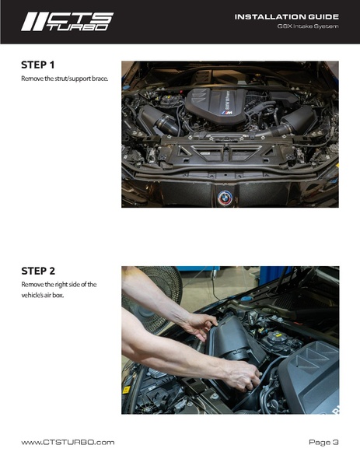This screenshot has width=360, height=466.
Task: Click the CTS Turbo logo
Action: [x=67, y=22]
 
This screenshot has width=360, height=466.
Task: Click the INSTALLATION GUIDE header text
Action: [x=287, y=17]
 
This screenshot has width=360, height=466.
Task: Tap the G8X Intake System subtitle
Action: [x=308, y=26]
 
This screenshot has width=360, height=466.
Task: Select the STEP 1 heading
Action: [x=38, y=65]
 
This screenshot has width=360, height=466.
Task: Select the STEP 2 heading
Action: [x=38, y=271]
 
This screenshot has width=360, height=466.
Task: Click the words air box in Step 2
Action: [x=54, y=296]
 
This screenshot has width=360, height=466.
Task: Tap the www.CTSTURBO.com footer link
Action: [x=68, y=442]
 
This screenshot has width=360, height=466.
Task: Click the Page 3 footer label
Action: [x=323, y=442]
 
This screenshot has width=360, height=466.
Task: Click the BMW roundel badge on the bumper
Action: [x=225, y=198]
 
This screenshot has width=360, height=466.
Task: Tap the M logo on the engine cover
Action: [x=228, y=113]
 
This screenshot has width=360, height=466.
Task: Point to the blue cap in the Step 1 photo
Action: [x=126, y=88]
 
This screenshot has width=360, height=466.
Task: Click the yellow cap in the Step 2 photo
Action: [x=278, y=335]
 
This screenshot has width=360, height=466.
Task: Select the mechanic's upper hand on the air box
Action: [x=200, y=326]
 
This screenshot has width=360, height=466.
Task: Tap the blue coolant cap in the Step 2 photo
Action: [x=246, y=299]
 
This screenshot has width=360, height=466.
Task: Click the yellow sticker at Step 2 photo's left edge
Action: [x=126, y=390]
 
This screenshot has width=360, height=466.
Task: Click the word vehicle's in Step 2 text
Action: [x=33, y=296]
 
